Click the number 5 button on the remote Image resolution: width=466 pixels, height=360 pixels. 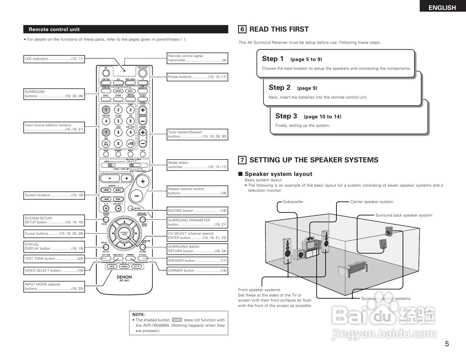pos(118,121)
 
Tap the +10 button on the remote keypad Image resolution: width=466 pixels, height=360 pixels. pos(130,143)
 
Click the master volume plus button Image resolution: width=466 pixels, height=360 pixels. pos(143,181)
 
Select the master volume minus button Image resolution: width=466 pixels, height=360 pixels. pos(137,195)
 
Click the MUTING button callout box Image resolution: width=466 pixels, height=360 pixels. pos(197,211)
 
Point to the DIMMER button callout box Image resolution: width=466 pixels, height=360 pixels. pos(197,270)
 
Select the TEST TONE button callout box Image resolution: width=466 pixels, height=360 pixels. pos(54,259)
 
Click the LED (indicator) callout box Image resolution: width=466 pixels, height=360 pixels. pos(54,59)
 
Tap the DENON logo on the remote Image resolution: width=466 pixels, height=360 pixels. pos(124,277)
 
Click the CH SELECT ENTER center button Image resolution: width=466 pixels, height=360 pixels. pos(124,234)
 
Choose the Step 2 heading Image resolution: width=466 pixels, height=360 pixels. pos(280,88)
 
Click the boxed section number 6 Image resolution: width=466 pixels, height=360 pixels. pos(242,29)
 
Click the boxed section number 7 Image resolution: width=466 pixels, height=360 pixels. pos(242,160)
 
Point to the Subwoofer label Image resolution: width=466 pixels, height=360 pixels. pos(293,202)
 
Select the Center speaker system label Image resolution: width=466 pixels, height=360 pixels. pos(372,202)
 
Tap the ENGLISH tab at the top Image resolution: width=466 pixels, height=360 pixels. pos(442,8)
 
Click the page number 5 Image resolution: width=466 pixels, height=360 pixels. pos(447,344)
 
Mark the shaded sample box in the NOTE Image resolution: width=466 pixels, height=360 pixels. pos(177,320)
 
